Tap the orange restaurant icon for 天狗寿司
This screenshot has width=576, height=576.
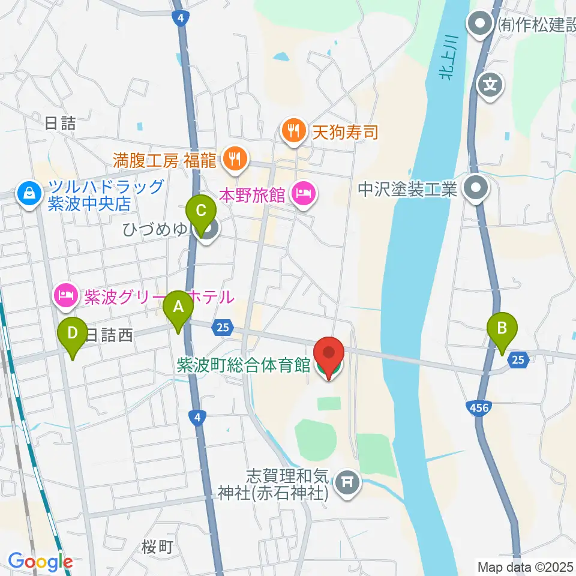tap(293, 131)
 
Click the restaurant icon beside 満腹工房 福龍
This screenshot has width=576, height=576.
tap(232, 159)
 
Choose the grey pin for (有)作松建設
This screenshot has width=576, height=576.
tap(481, 25)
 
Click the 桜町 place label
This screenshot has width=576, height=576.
tap(157, 547)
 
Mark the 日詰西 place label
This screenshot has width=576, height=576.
tap(109, 335)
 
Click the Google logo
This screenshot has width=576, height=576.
tap(40, 562)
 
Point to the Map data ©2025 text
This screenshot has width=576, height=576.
tap(524, 566)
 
